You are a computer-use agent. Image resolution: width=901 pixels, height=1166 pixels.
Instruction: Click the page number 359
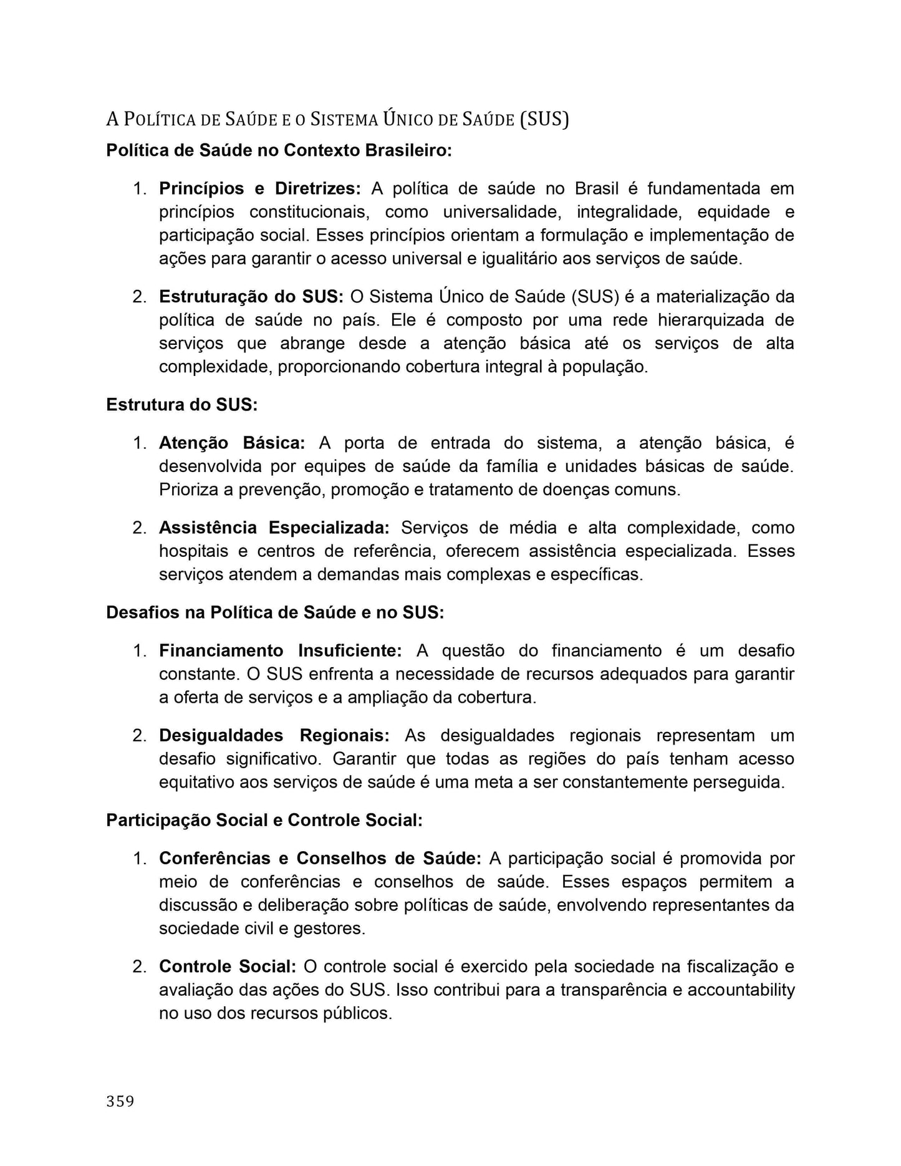[x=120, y=1102]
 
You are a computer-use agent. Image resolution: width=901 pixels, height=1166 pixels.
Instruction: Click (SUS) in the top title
[x=544, y=118]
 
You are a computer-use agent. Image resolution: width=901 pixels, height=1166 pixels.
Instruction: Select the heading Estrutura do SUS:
[x=181, y=405]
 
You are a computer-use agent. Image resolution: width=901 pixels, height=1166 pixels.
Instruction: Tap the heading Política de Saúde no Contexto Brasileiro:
[x=279, y=150]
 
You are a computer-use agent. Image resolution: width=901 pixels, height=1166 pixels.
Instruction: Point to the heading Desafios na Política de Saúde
[x=275, y=612]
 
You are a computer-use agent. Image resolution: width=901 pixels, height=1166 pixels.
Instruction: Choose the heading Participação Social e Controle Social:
[x=264, y=820]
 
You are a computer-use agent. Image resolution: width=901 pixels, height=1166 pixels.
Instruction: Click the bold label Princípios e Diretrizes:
[x=259, y=188]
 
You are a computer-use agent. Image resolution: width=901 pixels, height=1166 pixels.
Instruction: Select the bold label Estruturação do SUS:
[x=251, y=296]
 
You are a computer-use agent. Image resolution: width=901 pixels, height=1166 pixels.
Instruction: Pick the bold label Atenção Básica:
[x=232, y=443]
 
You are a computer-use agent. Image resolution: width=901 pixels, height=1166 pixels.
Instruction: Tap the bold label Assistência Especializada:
[x=274, y=528]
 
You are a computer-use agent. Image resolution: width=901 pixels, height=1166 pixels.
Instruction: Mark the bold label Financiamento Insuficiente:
[x=281, y=650]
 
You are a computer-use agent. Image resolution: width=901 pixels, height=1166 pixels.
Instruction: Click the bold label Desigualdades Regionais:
[x=274, y=735]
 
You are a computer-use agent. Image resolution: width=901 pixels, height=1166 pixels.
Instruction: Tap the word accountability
[x=741, y=990]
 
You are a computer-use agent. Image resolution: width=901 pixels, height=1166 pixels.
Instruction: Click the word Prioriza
[x=187, y=489]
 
